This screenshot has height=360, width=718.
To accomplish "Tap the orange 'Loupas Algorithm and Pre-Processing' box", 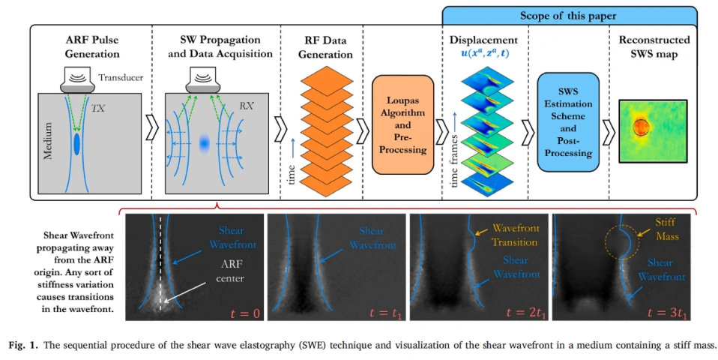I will [407, 118].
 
